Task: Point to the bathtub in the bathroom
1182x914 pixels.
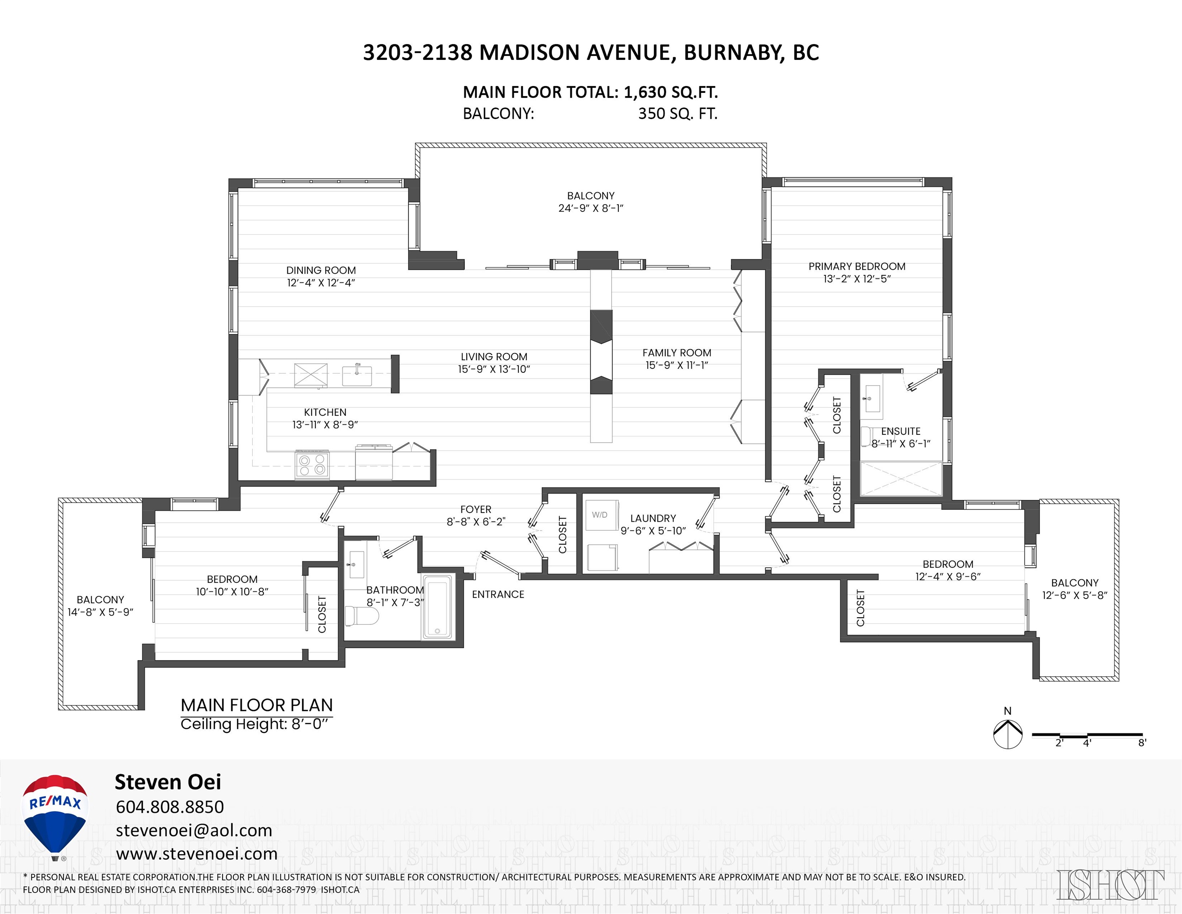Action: (437, 607)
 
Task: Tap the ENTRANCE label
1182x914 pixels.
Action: (498, 594)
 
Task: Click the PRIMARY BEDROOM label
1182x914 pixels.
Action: (857, 266)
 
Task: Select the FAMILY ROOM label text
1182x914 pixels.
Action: (677, 352)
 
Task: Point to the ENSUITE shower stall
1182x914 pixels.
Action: (900, 478)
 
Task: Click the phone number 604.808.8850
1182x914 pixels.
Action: (169, 807)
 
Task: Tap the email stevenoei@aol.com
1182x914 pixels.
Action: (194, 830)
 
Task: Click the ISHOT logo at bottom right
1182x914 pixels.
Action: (1110, 885)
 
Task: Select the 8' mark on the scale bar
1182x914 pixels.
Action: (1142, 743)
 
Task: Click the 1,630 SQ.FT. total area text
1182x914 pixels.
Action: (671, 92)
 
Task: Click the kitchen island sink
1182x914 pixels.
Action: (357, 375)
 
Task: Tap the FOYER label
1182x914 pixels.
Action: (476, 509)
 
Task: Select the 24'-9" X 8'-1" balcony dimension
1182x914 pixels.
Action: (591, 208)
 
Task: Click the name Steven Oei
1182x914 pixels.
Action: (168, 782)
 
